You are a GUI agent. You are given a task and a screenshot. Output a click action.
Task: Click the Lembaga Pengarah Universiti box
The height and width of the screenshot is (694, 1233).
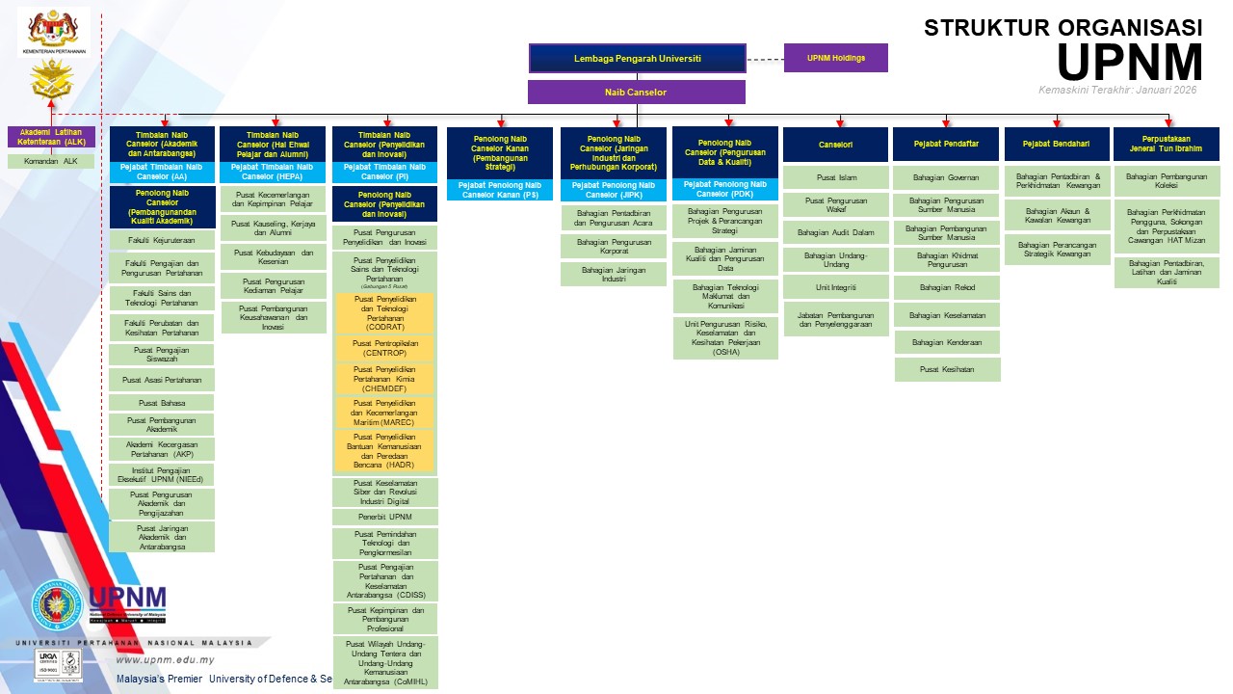pyautogui.click(x=637, y=58)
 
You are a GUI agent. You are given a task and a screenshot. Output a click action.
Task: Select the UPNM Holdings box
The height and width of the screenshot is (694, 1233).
pyautogui.click(x=835, y=58)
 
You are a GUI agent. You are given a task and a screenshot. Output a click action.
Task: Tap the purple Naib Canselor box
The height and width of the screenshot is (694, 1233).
pyautogui.click(x=636, y=93)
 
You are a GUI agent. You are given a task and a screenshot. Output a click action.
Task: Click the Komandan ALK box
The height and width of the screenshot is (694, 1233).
pyautogui.click(x=51, y=161)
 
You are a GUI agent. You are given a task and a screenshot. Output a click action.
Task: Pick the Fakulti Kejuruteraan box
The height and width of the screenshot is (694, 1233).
pyautogui.click(x=162, y=240)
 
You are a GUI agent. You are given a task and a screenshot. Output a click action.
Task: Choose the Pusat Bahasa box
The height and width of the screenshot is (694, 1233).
pyautogui.click(x=162, y=403)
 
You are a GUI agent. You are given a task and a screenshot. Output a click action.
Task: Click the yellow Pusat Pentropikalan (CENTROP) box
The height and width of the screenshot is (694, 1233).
pyautogui.click(x=384, y=348)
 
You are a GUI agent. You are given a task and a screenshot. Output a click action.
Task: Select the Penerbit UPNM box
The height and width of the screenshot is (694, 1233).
pyautogui.click(x=384, y=518)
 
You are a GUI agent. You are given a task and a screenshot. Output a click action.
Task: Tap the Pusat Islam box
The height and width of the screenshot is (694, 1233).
pyautogui.click(x=835, y=177)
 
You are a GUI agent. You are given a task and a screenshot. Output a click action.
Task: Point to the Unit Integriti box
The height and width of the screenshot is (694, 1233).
pyautogui.click(x=835, y=287)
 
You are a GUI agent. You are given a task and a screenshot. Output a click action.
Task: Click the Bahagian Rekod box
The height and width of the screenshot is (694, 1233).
pyautogui.click(x=947, y=287)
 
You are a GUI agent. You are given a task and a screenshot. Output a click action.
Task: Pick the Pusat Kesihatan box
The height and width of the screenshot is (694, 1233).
pyautogui.click(x=947, y=369)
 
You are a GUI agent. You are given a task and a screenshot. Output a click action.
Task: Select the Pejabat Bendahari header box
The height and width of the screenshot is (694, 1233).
pyautogui.click(x=1057, y=144)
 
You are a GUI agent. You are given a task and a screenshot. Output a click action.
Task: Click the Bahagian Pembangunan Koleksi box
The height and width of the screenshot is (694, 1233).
pyautogui.click(x=1167, y=181)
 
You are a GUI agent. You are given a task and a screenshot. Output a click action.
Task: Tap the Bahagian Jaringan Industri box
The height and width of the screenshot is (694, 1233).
pyautogui.click(x=614, y=274)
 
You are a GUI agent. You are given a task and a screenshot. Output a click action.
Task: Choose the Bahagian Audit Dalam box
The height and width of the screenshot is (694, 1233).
pyautogui.click(x=835, y=232)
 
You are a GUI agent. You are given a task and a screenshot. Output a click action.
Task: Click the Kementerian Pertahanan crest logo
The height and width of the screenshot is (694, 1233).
pyautogui.click(x=54, y=29)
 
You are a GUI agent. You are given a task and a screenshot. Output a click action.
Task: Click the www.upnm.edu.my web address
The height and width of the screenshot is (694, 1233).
pyautogui.click(x=165, y=660)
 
